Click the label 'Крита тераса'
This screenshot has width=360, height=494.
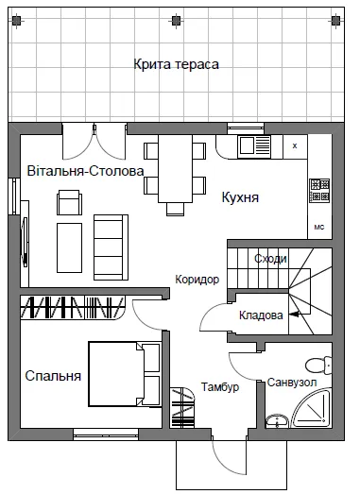[176, 64]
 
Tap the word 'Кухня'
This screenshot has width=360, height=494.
[240, 197]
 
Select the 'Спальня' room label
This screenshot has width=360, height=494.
[53, 376]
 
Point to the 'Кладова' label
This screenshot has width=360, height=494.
[261, 315]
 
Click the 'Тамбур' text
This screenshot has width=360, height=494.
[220, 387]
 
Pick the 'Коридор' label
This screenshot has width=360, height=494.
[197, 280]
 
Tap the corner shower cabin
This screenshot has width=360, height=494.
[311, 409]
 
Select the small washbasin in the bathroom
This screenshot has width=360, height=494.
[277, 422]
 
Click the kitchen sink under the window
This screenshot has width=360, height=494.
[254, 146]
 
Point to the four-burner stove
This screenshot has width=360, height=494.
[319, 190]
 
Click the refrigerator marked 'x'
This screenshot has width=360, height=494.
[295, 146]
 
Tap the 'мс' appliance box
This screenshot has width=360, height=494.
[319, 227]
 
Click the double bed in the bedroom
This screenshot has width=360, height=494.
[124, 374]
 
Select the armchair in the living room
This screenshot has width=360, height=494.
[69, 202]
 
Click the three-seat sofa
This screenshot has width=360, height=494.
[111, 247]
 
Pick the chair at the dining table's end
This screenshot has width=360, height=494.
[175, 209]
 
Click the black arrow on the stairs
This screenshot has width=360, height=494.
[295, 315]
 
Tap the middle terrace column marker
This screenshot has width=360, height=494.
[176, 21]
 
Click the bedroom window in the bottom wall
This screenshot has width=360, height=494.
[106, 434]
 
